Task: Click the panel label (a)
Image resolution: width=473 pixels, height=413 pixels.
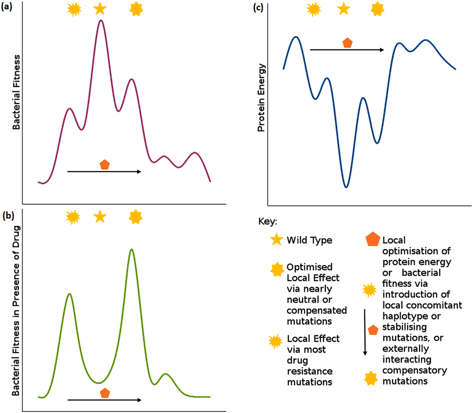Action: click(7, 7)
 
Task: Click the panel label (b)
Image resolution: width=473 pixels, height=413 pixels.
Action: click(8, 216)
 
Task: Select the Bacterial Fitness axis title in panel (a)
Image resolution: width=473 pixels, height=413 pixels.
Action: click(16, 92)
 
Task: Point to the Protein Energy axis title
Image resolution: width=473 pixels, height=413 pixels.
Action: click(261, 98)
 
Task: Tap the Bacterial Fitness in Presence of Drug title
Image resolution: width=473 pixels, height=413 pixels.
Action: click(16, 311)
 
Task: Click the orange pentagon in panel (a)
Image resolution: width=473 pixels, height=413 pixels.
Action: click(104, 165)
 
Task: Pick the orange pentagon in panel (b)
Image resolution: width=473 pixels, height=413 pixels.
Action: click(105, 393)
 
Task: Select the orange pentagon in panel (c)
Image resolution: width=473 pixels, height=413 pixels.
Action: click(347, 43)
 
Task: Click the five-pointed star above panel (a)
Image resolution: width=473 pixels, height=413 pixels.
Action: click(100, 9)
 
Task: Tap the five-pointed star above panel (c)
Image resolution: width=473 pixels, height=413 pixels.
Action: click(344, 9)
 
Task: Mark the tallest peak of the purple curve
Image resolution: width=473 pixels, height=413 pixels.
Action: click(101, 20)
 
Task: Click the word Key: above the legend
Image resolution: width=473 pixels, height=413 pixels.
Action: click(267, 221)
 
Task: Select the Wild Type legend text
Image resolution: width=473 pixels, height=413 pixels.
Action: click(309, 240)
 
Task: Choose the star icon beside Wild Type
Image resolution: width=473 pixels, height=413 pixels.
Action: click(277, 240)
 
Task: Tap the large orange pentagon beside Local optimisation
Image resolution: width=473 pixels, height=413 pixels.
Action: click(372, 240)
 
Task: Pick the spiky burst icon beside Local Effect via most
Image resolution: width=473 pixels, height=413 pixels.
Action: click(275, 342)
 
